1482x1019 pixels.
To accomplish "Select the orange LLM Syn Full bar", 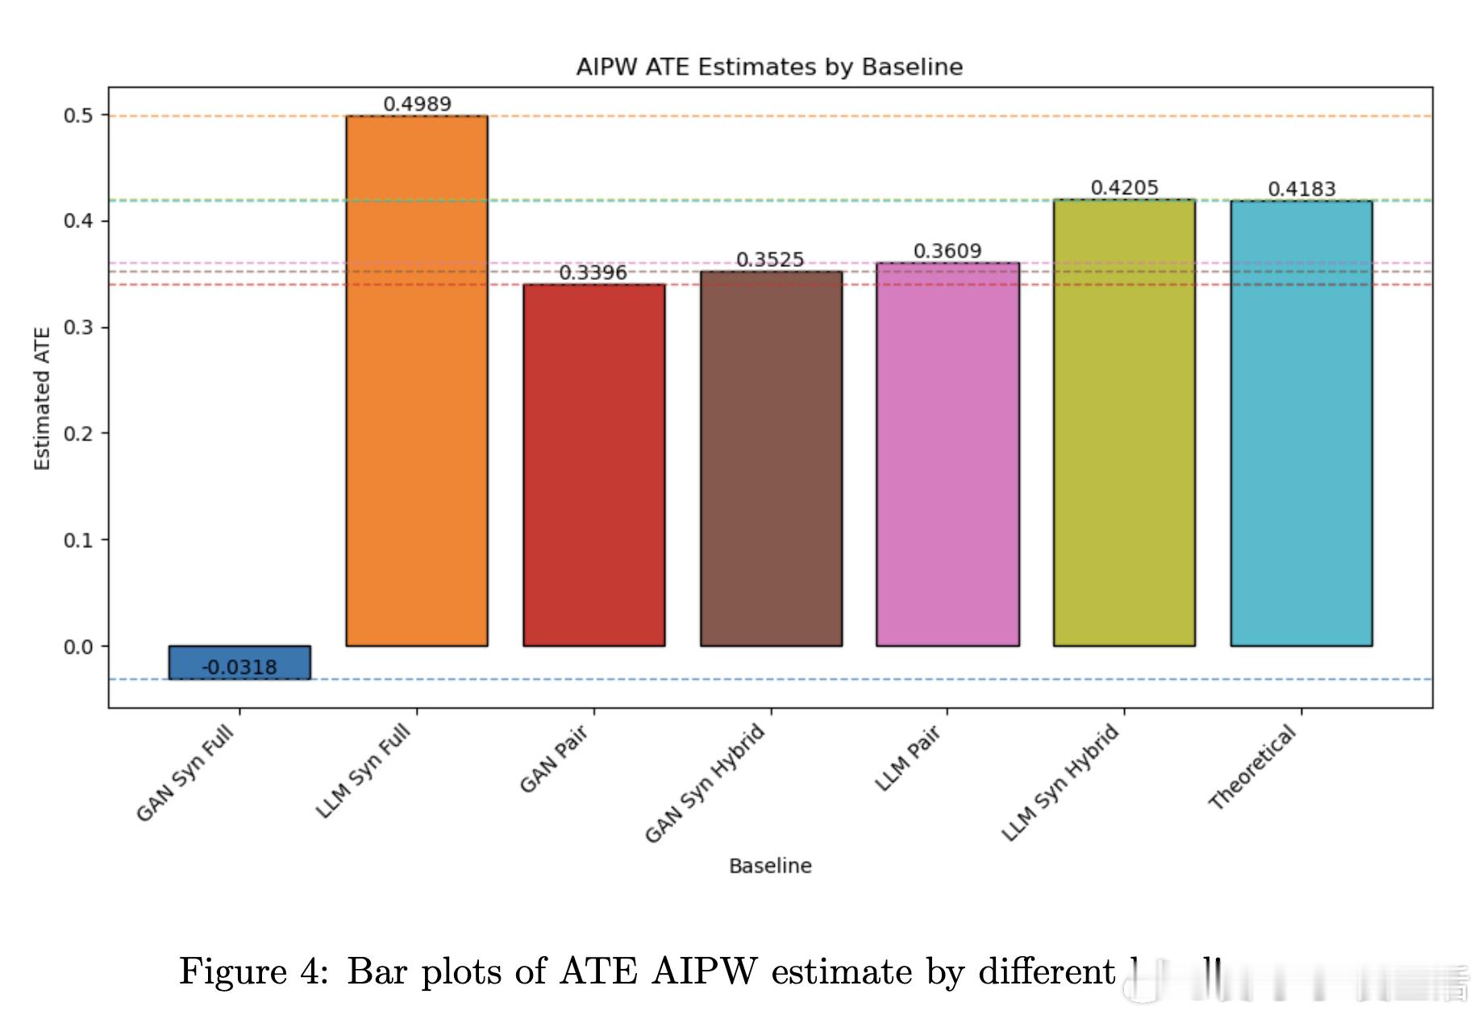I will pyautogui.click(x=417, y=380).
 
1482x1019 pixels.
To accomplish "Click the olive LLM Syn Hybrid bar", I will pyautogui.click(x=1124, y=422).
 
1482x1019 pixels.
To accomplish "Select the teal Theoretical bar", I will pyautogui.click(x=1301, y=423).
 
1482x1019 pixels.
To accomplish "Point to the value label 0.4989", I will pyautogui.click(x=417, y=104).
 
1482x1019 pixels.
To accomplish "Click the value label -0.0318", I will pyautogui.click(x=239, y=668).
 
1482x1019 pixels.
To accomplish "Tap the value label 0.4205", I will pyautogui.click(x=1124, y=188).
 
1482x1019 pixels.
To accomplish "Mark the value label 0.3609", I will pyautogui.click(x=947, y=252).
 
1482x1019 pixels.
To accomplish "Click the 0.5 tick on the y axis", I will pyautogui.click(x=78, y=115).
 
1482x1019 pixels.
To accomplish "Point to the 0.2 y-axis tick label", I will pyautogui.click(x=78, y=434).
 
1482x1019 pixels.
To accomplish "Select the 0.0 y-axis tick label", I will pyautogui.click(x=78, y=647).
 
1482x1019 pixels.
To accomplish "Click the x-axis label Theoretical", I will pyautogui.click(x=1253, y=766).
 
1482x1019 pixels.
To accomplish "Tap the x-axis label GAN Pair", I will pyautogui.click(x=554, y=759).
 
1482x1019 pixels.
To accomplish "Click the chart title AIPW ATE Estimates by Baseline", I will pyautogui.click(x=769, y=67).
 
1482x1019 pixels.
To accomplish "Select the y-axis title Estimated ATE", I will pyautogui.click(x=42, y=398).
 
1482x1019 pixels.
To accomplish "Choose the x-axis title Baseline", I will pyautogui.click(x=770, y=866).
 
